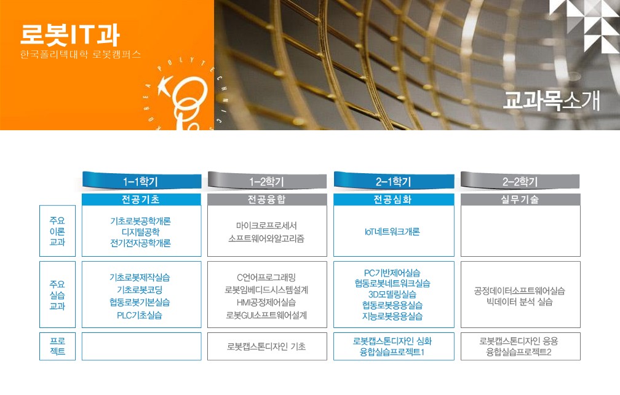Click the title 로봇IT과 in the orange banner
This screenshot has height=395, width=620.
click(x=70, y=35)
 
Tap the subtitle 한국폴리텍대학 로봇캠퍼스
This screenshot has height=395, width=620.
click(x=81, y=54)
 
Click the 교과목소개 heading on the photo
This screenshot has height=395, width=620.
click(x=552, y=100)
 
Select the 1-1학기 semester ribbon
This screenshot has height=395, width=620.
click(x=141, y=181)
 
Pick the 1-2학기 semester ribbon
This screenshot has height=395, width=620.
click(x=267, y=181)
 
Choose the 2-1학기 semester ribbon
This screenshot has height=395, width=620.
click(x=394, y=181)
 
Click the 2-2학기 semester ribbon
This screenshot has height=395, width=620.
click(x=520, y=181)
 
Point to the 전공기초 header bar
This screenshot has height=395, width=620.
click(x=141, y=200)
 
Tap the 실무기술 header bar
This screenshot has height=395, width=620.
click(x=520, y=200)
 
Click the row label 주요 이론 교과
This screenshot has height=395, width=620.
click(x=57, y=231)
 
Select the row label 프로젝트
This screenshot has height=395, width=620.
click(x=57, y=346)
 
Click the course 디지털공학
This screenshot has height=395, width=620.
click(x=141, y=232)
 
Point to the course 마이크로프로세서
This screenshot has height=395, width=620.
click(x=266, y=225)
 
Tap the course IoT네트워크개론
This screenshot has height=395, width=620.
click(x=392, y=232)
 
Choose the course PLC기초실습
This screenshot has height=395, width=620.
click(x=140, y=315)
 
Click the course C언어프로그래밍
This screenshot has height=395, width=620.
click(x=266, y=277)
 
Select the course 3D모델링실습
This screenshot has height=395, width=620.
click(x=392, y=294)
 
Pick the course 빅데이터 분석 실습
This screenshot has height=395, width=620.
click(x=520, y=302)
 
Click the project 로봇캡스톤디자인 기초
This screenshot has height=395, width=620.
click(x=266, y=346)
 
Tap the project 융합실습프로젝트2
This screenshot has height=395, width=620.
click(x=519, y=352)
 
